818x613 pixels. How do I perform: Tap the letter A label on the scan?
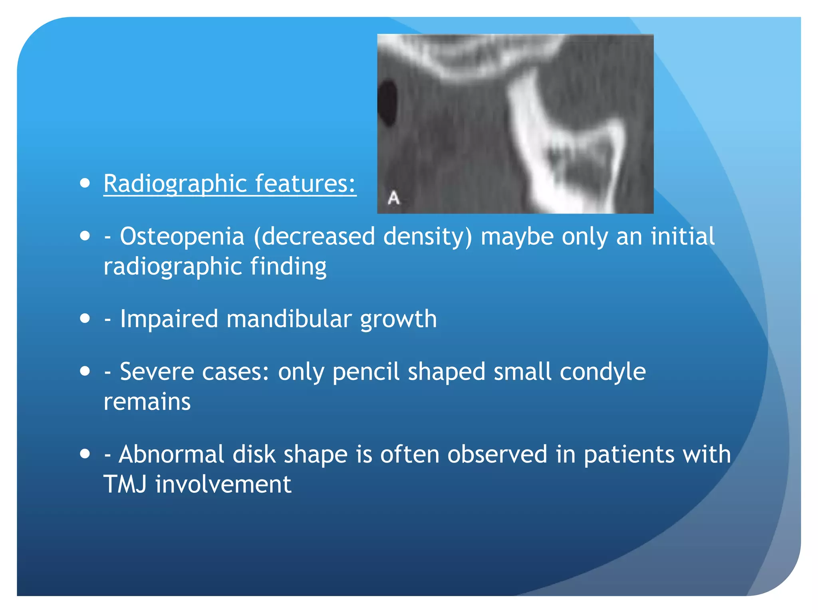(393, 198)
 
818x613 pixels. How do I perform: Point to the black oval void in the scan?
(387, 103)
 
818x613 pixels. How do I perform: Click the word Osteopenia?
(182, 236)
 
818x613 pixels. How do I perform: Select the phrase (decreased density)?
(363, 236)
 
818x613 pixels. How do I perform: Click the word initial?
(682, 236)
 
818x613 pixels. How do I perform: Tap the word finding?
(288, 266)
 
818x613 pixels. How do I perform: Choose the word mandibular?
(289, 319)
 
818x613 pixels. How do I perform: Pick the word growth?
(398, 320)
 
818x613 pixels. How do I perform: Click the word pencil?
(365, 372)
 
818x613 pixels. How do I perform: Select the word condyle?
(602, 372)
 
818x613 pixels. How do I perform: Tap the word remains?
(147, 401)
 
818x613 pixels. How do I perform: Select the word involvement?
(223, 484)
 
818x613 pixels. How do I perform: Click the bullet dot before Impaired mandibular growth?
(85, 319)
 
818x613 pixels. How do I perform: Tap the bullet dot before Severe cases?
(85, 372)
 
